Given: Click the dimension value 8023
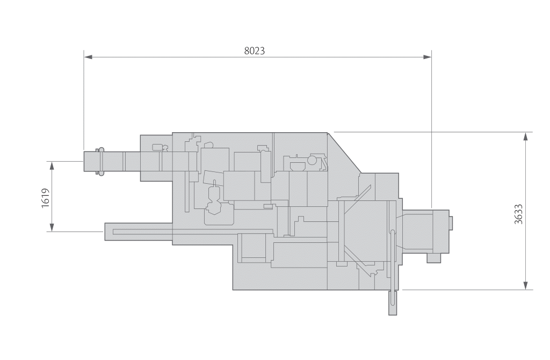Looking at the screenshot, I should pyautogui.click(x=255, y=51).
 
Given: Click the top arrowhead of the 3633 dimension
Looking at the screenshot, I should pyautogui.click(x=525, y=136).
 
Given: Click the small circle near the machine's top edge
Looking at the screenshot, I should pyautogui.click(x=312, y=160).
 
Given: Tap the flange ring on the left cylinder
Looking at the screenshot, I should pyautogui.click(x=99, y=161).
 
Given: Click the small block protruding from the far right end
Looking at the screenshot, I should pyautogui.click(x=451, y=221).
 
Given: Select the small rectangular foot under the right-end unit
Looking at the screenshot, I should pyautogui.click(x=433, y=258).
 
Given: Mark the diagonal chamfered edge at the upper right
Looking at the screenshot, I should pyautogui.click(x=344, y=152).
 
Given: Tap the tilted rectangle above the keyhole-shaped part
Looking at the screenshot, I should pyautogui.click(x=213, y=178).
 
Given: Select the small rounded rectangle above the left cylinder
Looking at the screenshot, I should pyautogui.click(x=157, y=147).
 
